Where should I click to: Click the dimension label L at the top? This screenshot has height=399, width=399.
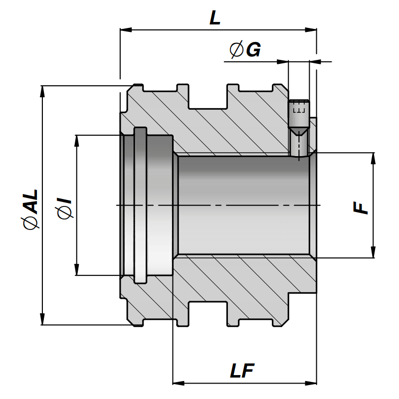pyautogui.click(x=215, y=18)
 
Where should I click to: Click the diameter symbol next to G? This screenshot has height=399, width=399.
pyautogui.click(x=236, y=49)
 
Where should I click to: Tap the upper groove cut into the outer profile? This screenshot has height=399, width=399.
pyautogui.click(x=208, y=97)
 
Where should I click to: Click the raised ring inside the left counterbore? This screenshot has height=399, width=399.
pyautogui.click(x=141, y=204)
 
